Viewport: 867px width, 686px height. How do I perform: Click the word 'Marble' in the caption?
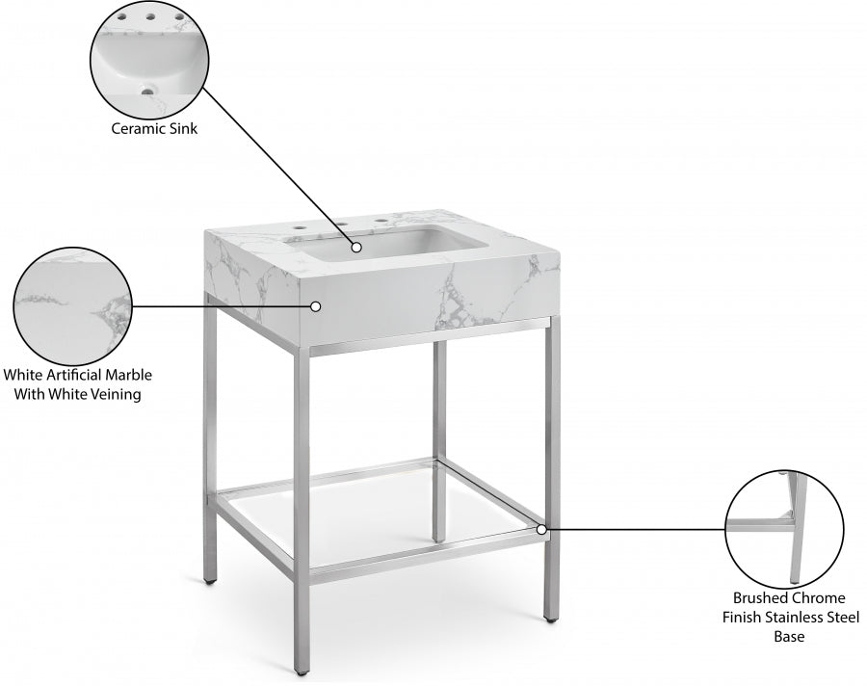[128, 375]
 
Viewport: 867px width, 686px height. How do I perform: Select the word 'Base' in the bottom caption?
[790, 637]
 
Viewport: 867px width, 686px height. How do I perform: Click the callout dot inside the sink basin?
[356, 247]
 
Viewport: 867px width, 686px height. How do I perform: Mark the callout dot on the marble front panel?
[315, 306]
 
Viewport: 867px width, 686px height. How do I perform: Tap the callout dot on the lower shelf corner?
[542, 529]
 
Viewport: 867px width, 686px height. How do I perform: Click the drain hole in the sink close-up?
[146, 92]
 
